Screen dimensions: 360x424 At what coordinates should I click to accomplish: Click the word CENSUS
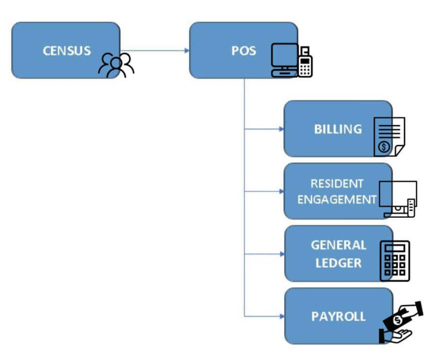[x=67, y=50]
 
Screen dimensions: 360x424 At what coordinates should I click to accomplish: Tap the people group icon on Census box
[x=116, y=65]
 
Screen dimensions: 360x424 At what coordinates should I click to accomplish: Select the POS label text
[x=244, y=50]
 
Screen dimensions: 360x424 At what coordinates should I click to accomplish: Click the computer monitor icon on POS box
[x=284, y=58]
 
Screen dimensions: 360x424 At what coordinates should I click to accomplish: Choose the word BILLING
[x=338, y=129]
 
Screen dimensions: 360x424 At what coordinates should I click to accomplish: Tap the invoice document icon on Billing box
[x=389, y=136]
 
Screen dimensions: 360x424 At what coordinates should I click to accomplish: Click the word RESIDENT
[x=337, y=184]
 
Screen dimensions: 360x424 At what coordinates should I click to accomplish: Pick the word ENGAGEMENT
[x=337, y=199]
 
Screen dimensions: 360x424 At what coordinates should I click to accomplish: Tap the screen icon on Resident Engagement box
[x=398, y=198]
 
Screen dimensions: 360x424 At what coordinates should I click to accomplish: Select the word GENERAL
[x=338, y=245]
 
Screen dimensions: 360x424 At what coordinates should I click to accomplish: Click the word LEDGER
[x=338, y=263]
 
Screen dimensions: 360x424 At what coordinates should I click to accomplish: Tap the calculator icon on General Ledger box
[x=394, y=261]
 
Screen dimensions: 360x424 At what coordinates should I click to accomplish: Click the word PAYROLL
[x=338, y=316]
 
